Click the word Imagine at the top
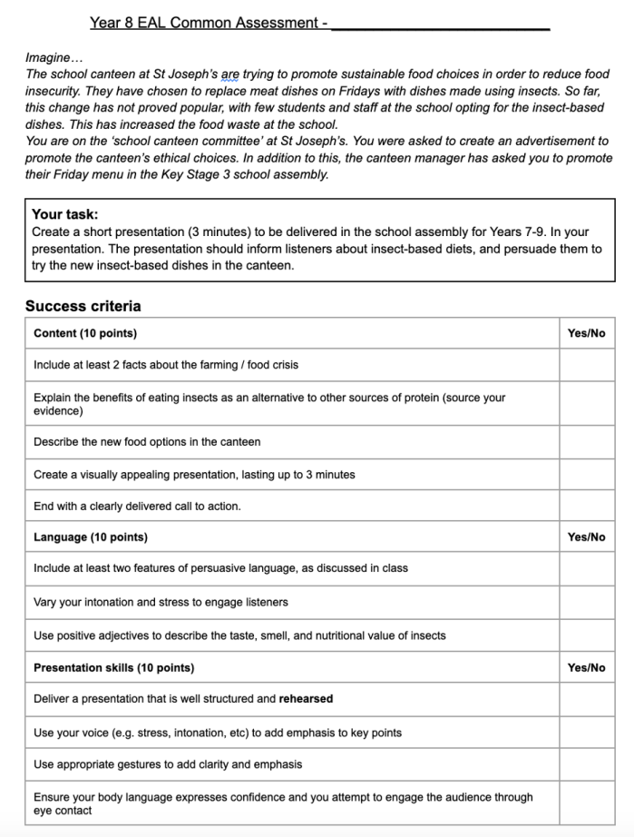pos(47,57)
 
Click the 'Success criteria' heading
pos(83,306)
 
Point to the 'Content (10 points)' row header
pos(85,333)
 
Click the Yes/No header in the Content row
pos(586,333)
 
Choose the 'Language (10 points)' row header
pos(91,537)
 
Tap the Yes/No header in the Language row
pos(586,537)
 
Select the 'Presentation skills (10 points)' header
pos(113,667)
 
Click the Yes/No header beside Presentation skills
pos(586,667)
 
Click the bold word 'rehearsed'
pos(306,699)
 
